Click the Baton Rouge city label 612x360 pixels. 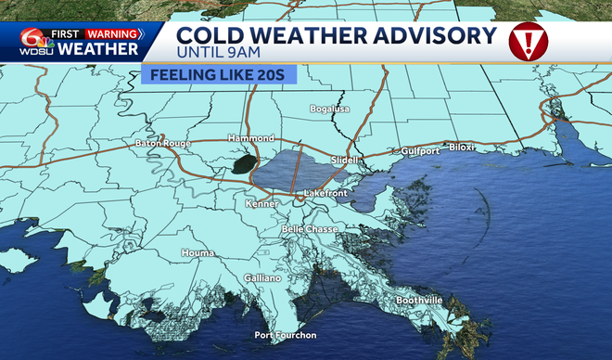pyautogui.click(x=161, y=144)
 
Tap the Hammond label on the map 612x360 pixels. pyautogui.click(x=251, y=138)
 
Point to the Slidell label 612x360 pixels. pyautogui.click(x=344, y=160)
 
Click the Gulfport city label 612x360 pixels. pyautogui.click(x=419, y=150)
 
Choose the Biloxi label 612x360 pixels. pyautogui.click(x=462, y=148)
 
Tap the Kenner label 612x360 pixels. pyautogui.click(x=261, y=202)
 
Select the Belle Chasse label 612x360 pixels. pyautogui.click(x=307, y=227)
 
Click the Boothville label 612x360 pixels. pyautogui.click(x=418, y=301)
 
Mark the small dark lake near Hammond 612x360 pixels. pyautogui.click(x=244, y=165)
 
